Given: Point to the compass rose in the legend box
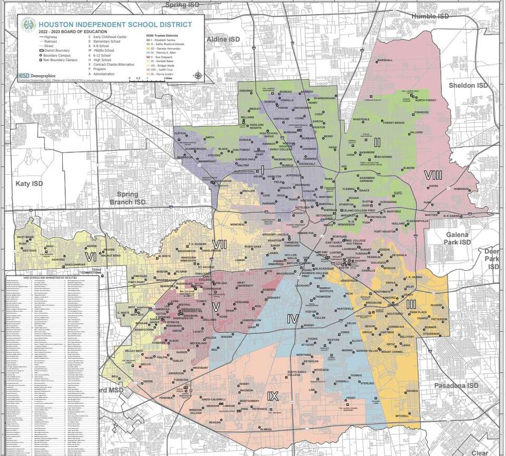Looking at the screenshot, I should pos(198,75).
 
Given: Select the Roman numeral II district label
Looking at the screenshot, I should pos(377,142).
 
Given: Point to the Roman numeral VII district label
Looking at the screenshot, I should pos(219,244).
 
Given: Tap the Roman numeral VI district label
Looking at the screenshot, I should pos(91,256).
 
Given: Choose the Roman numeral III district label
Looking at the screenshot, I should pos(412,304).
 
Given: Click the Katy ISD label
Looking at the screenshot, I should pos(30,183).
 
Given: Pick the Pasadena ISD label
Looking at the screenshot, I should pos(456,386).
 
